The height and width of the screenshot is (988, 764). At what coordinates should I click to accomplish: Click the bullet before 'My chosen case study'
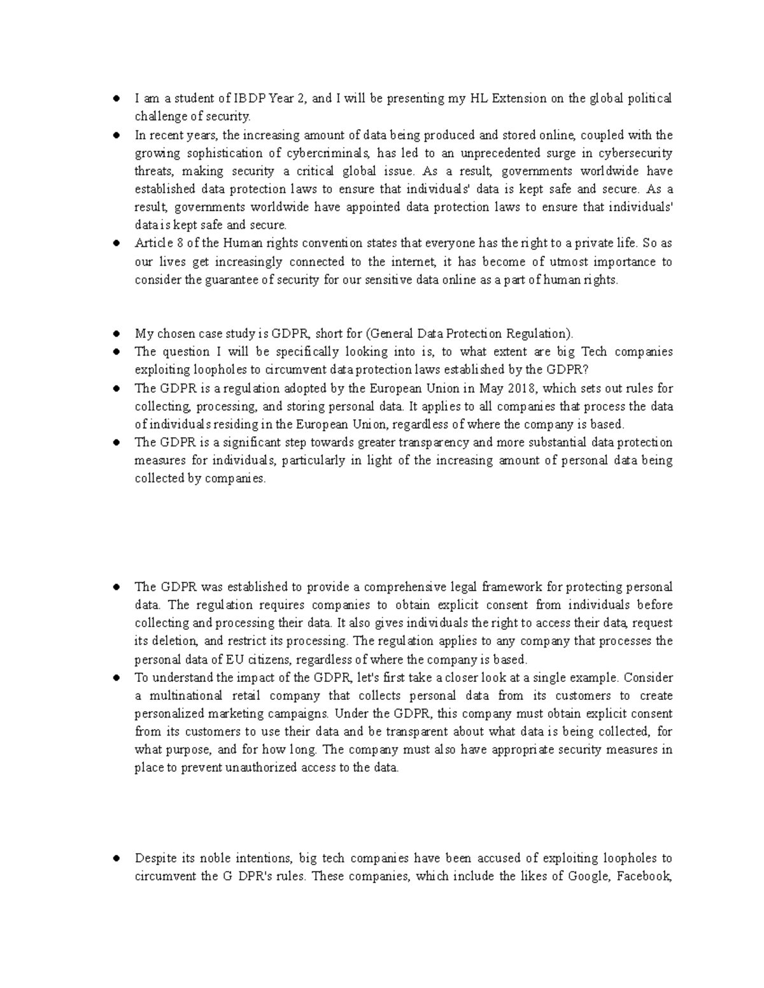click(117, 334)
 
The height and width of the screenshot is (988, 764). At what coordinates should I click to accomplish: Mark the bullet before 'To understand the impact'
click(117, 678)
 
